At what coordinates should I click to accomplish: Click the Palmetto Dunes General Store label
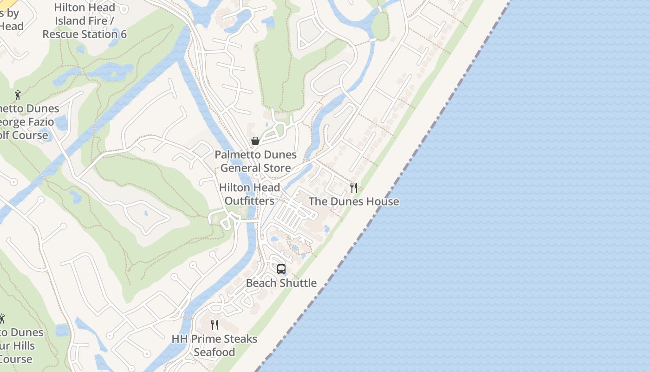pyautogui.click(x=256, y=161)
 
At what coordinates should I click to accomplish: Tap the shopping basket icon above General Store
pyautogui.click(x=255, y=141)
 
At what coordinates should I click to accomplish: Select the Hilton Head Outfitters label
pyautogui.click(x=250, y=194)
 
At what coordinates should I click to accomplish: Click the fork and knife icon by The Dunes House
pyautogui.click(x=354, y=188)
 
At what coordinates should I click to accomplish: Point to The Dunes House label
pyautogui.click(x=354, y=201)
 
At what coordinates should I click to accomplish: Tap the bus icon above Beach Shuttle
pyautogui.click(x=281, y=269)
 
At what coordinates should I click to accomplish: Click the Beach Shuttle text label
pyautogui.click(x=281, y=283)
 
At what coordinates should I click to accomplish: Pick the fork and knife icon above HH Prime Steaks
pyautogui.click(x=214, y=325)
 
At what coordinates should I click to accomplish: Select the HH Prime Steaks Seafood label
pyautogui.click(x=214, y=345)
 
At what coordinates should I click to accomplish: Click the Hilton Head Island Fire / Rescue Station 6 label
pyautogui.click(x=84, y=21)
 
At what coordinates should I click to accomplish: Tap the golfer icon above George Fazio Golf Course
pyautogui.click(x=18, y=95)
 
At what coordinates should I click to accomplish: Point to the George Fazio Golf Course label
pyautogui.click(x=28, y=122)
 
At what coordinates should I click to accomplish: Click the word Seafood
pyautogui.click(x=214, y=352)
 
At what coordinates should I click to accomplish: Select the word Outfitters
pyautogui.click(x=250, y=201)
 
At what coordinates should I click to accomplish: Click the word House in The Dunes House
pyautogui.click(x=383, y=201)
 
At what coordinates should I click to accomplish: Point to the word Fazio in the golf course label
pyautogui.click(x=42, y=122)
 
